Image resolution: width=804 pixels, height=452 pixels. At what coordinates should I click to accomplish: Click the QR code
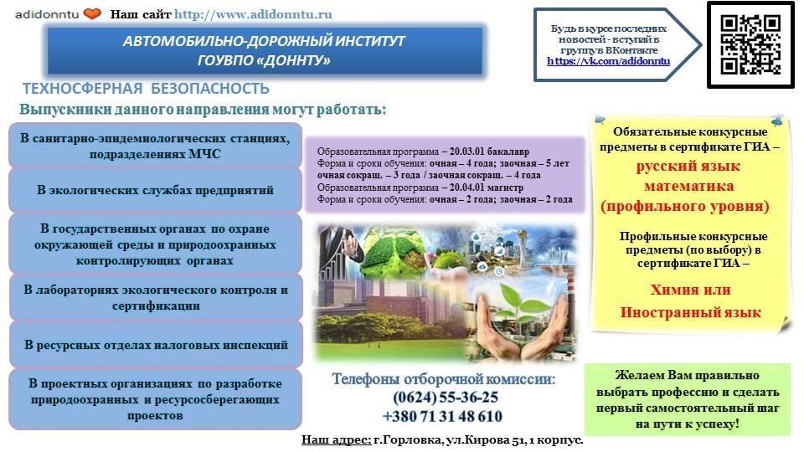[750, 44]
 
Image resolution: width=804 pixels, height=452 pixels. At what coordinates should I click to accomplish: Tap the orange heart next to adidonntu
[92, 14]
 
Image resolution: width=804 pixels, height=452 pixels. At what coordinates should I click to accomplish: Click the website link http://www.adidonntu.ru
[253, 14]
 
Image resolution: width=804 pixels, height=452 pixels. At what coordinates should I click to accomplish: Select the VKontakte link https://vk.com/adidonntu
[608, 61]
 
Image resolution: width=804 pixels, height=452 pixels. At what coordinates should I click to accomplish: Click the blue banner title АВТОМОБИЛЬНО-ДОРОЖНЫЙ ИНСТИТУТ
[264, 41]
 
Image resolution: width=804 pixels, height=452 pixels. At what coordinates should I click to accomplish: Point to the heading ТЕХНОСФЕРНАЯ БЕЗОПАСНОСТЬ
[146, 89]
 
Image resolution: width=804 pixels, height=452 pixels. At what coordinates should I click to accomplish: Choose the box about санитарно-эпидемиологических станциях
[155, 146]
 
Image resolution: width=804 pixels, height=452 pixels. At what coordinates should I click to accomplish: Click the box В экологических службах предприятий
[155, 190]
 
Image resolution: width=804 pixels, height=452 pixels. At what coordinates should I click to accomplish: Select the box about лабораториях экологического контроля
[156, 297]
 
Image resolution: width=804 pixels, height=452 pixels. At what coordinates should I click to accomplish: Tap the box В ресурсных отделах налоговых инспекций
[156, 344]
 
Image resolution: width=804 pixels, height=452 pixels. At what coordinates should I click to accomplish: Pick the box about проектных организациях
[156, 399]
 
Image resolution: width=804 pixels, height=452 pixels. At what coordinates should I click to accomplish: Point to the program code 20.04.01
[466, 187]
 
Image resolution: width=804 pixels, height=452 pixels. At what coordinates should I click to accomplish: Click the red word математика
[688, 186]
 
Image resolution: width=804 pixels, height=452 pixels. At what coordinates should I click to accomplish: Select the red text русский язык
[688, 166]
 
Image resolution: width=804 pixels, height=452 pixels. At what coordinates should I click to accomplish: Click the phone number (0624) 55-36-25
[446, 397]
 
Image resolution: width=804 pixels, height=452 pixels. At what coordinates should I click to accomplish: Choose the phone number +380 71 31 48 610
[442, 416]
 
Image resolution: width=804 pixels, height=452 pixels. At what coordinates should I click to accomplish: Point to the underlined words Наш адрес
[337, 439]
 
